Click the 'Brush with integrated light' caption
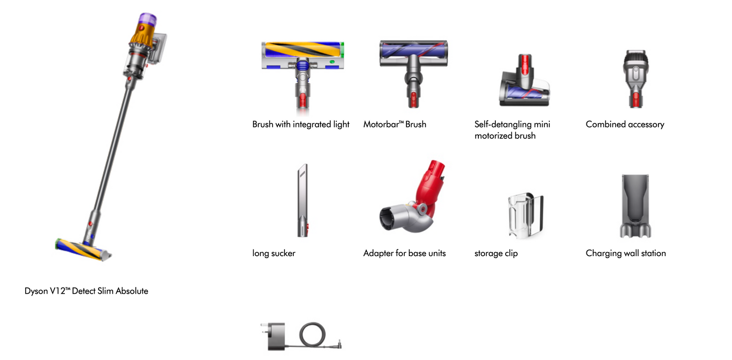click(300, 124)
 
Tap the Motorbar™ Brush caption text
click(395, 124)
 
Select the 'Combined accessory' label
click(625, 124)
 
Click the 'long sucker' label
click(274, 254)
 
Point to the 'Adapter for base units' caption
click(404, 253)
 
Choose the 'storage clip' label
click(496, 254)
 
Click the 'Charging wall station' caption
click(626, 254)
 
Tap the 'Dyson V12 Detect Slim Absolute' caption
click(86, 291)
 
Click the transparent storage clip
click(526, 214)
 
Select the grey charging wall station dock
click(635, 206)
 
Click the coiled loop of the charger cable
click(312, 334)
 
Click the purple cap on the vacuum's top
click(148, 19)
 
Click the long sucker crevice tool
click(303, 200)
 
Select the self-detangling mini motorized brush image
click(524, 80)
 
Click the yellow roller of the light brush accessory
click(302, 50)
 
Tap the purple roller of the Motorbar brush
click(414, 51)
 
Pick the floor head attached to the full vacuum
click(83, 250)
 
